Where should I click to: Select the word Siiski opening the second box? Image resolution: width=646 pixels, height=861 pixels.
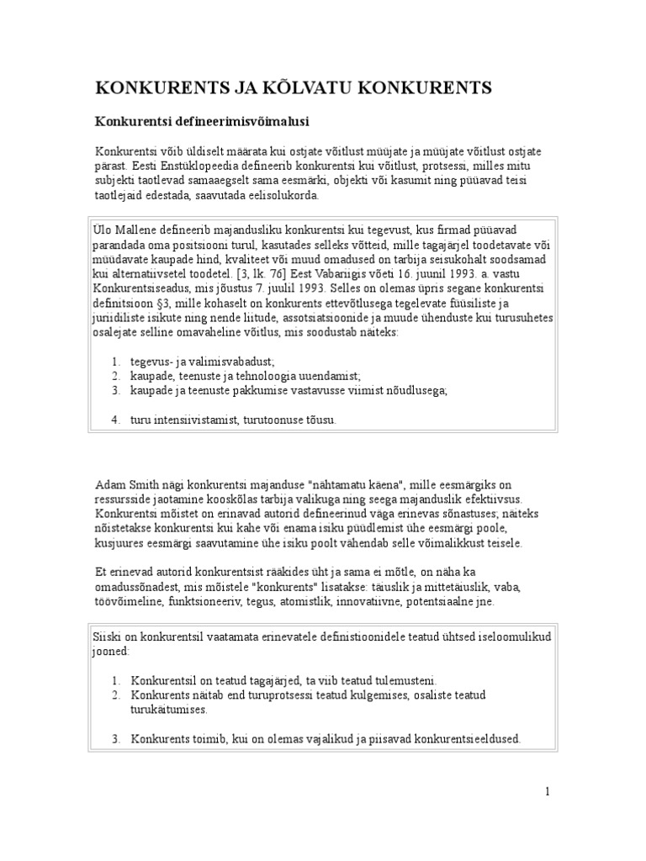pos(106,636)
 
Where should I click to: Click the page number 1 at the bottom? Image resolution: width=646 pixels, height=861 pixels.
pos(547,791)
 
